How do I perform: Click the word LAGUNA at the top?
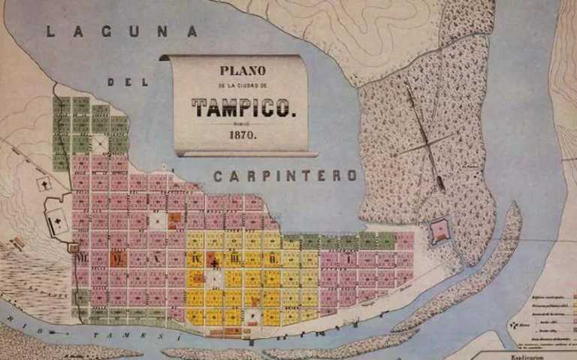tap(121, 32)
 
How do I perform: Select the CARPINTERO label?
tap(285, 176)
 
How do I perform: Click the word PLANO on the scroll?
tap(243, 72)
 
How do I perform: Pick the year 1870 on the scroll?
tap(243, 136)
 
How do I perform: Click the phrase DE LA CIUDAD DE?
tap(243, 86)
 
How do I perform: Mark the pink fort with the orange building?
tap(438, 231)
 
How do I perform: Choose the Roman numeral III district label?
tap(234, 259)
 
